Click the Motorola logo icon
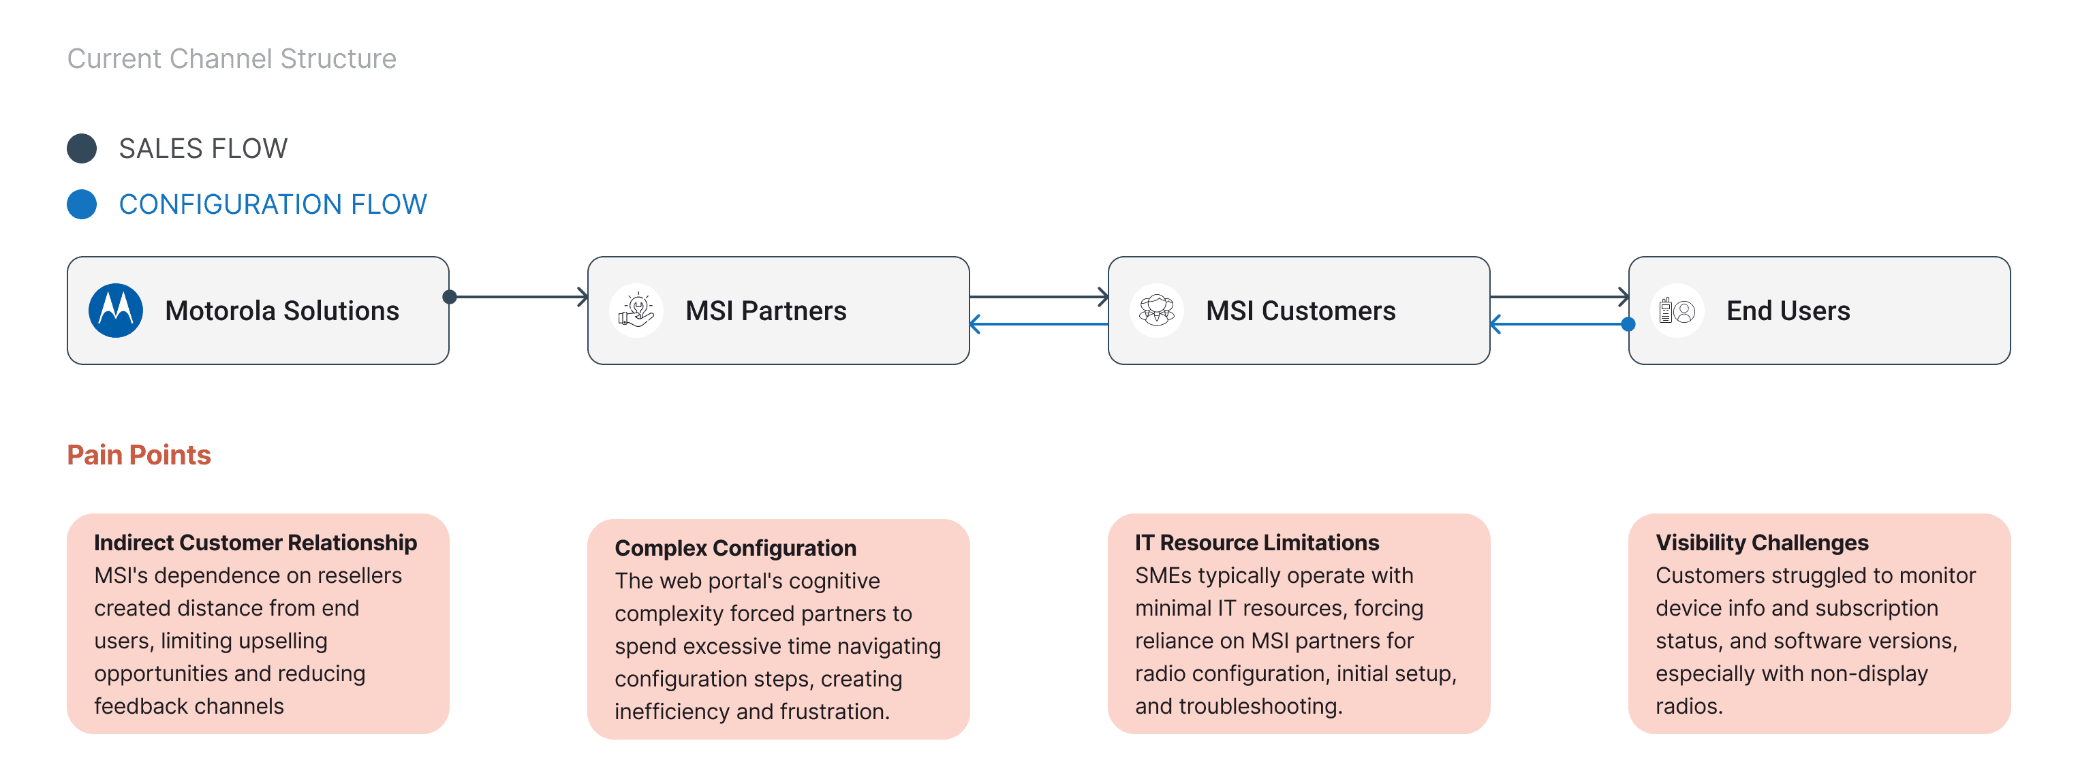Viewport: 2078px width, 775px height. [116, 311]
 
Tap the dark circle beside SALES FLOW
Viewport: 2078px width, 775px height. [82, 148]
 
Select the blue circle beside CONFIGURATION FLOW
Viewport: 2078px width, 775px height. [82, 204]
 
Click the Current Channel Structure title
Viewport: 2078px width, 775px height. [232, 59]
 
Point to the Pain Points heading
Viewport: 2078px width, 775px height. [139, 455]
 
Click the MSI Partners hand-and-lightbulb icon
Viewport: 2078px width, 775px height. [636, 311]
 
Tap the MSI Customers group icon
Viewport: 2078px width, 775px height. [1157, 311]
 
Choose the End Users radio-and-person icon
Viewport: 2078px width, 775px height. [1677, 311]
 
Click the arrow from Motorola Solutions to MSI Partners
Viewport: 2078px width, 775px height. [518, 297]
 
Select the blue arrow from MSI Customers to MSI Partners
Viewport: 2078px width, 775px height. [1039, 324]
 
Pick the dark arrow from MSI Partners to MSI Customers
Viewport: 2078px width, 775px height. [1039, 297]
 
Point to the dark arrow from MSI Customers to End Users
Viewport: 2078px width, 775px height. [1560, 297]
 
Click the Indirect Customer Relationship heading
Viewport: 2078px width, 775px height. [255, 543]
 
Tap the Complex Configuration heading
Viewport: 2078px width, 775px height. [736, 548]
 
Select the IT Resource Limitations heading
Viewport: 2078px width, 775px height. [1257, 543]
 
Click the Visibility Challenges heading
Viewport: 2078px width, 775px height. [1762, 543]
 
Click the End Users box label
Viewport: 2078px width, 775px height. [1788, 311]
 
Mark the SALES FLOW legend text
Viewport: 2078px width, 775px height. [203, 148]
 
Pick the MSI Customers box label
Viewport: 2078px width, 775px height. [1301, 311]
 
